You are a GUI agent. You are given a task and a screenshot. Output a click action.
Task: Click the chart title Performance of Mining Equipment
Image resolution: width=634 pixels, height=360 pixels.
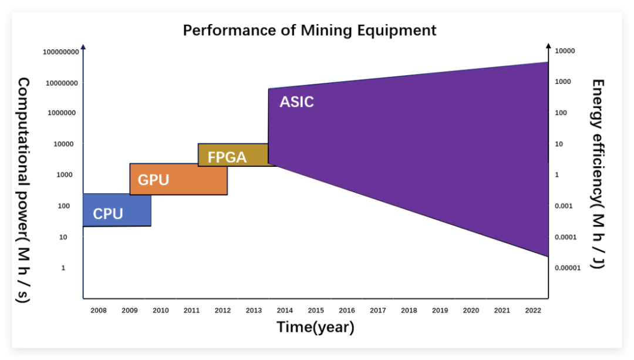pos(309,30)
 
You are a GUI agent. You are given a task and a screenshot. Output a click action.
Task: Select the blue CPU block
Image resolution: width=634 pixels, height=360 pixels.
pos(117,210)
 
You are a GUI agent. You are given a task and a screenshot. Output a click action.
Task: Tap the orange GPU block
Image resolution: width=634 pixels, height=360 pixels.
pos(178,179)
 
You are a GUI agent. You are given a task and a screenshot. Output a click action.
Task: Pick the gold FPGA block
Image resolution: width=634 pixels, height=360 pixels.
pos(232,155)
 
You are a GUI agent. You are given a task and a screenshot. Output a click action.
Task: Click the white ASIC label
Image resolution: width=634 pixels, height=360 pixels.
pos(296,102)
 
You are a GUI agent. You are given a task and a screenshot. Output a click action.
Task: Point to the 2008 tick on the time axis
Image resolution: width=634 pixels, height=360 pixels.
pos(99,310)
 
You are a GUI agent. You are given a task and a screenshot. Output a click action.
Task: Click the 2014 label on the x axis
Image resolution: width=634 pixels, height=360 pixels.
pos(285,310)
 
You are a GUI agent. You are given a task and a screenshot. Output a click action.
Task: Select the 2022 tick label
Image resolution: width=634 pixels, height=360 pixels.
pos(533,310)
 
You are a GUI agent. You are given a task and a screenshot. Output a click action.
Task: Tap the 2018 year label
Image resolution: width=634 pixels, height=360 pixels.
pos(409,310)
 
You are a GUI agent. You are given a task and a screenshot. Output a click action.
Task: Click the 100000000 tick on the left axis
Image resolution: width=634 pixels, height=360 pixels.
pos(60,52)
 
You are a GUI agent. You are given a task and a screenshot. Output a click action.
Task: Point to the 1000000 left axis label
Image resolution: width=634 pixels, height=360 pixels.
pos(60,113)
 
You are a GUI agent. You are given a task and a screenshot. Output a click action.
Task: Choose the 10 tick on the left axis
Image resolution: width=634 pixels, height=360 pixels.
pos(63,237)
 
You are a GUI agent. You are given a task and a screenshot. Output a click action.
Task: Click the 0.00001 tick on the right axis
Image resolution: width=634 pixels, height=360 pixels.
pos(567,268)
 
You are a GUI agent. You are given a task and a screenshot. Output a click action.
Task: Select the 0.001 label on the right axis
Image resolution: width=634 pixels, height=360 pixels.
pos(564,206)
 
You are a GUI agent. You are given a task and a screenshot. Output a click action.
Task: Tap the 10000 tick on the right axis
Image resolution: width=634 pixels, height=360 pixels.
pos(565,51)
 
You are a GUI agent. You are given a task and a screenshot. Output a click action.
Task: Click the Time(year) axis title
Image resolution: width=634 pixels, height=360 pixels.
pos(315,327)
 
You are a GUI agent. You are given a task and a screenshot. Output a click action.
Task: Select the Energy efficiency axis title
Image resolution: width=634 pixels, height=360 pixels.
pos(598,174)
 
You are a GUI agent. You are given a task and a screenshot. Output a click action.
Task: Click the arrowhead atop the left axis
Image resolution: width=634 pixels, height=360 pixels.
pos(83,46)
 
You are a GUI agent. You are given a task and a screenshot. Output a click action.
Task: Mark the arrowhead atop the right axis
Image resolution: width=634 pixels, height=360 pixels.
pos(548,45)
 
